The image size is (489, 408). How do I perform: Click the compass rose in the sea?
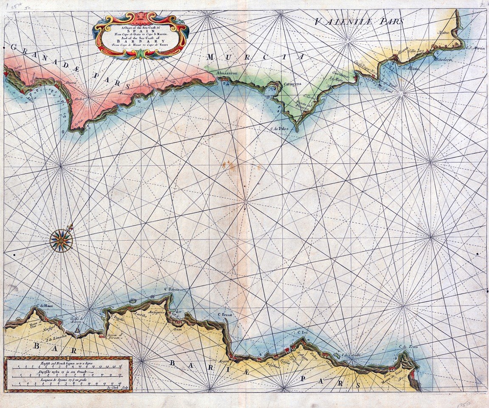pos(61,241)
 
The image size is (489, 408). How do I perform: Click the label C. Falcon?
pos(172,289)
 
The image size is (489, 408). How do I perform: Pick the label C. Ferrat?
pos(225,315)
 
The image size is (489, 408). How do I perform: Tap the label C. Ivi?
pos(302,332)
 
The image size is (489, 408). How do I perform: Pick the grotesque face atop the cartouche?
pos(141,16)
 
